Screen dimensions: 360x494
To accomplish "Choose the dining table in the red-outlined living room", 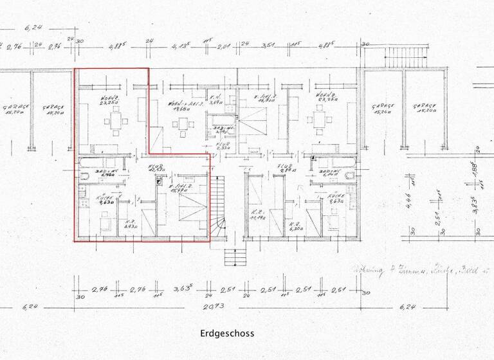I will point(115,120).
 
